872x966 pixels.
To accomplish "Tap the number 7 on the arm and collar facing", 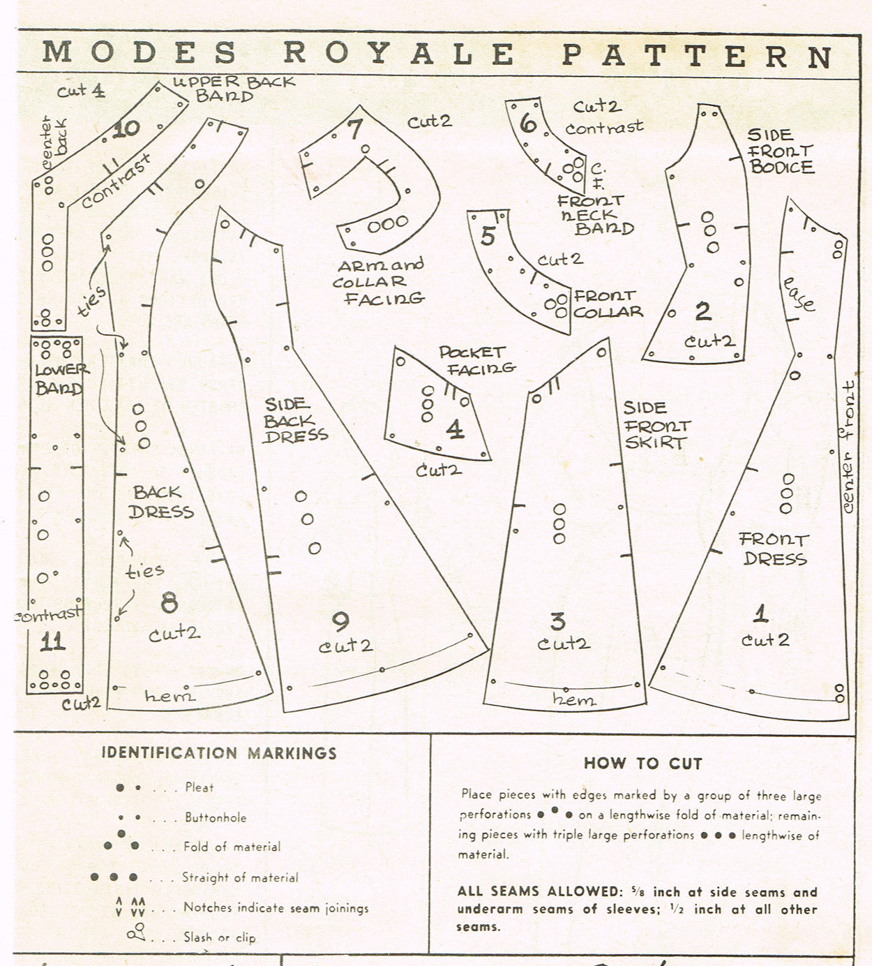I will point(355,129).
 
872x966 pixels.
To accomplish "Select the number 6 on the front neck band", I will point(528,124).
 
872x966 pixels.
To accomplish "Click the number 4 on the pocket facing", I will point(455,429).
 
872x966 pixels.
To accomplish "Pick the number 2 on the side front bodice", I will point(702,311).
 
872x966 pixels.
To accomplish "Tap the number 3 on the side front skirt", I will point(557,621).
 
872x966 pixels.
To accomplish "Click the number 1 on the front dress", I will point(760,614).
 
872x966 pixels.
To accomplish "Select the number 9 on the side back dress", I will point(341,620).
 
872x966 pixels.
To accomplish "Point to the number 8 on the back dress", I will point(169,603).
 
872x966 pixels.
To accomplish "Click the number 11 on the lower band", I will point(52,642).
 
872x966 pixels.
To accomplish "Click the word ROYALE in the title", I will point(399,54).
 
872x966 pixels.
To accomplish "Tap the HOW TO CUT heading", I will point(642,763).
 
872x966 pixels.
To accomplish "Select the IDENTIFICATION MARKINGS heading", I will point(219,753).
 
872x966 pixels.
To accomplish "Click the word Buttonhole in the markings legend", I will point(216,817).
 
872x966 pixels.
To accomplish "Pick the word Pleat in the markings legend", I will point(200,787).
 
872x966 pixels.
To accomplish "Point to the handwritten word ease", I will point(799,294).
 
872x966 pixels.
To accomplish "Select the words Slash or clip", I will point(219,937).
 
